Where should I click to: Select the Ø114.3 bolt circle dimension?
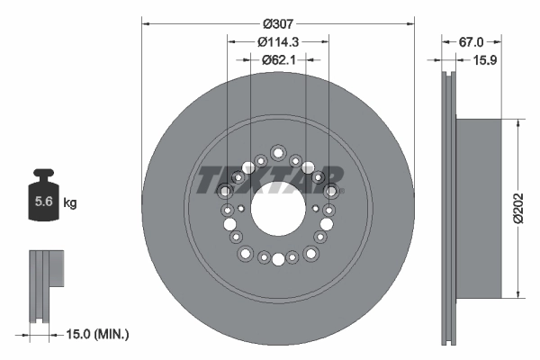(278, 41)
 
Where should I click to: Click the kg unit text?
(70, 203)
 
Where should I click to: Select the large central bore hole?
(277, 212)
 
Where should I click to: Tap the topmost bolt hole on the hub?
(277, 151)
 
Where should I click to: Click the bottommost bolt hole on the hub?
(277, 260)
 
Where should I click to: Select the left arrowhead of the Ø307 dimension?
(145, 22)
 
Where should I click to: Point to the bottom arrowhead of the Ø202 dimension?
(516, 294)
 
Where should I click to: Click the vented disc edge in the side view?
(448, 208)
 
